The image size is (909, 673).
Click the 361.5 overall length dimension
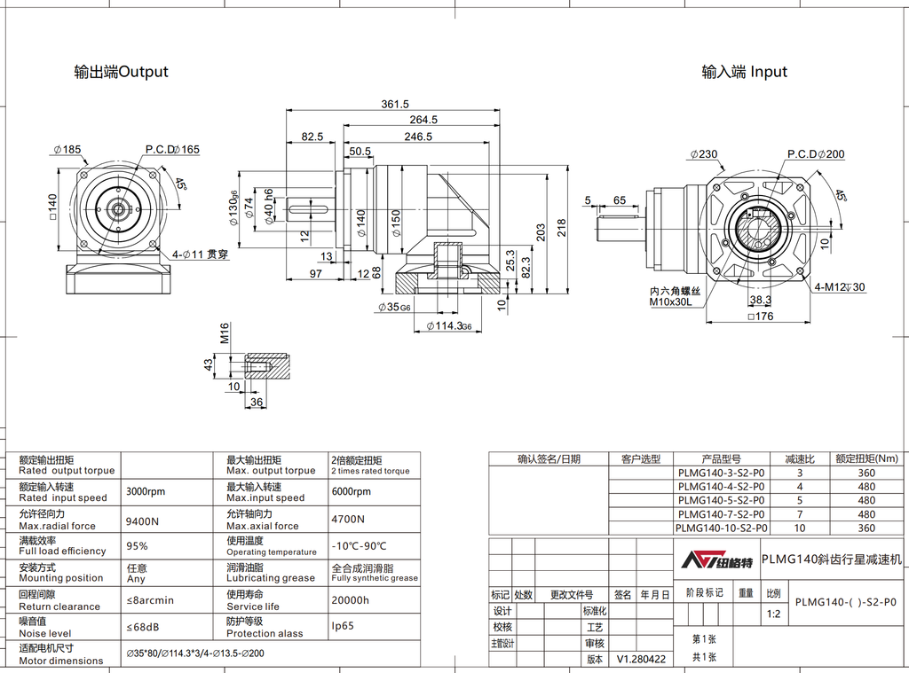click(x=395, y=104)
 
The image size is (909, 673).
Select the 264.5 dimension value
click(x=423, y=120)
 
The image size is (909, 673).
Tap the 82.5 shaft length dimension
click(x=312, y=137)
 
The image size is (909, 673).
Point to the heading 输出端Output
click(x=121, y=72)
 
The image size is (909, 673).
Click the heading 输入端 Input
click(x=744, y=72)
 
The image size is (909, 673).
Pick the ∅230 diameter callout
click(x=704, y=154)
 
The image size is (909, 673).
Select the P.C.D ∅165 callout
click(x=172, y=149)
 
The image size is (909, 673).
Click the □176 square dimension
click(x=762, y=317)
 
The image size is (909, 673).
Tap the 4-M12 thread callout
click(x=840, y=287)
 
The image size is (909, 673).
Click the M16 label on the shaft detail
click(x=225, y=333)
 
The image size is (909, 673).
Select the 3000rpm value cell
click(x=146, y=491)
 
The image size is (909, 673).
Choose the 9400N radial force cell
click(x=142, y=520)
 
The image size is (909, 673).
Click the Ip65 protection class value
click(x=342, y=626)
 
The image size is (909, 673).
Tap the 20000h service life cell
click(x=350, y=600)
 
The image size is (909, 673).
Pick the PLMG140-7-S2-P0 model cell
click(x=721, y=514)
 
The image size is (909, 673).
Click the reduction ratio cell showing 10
click(x=799, y=528)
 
